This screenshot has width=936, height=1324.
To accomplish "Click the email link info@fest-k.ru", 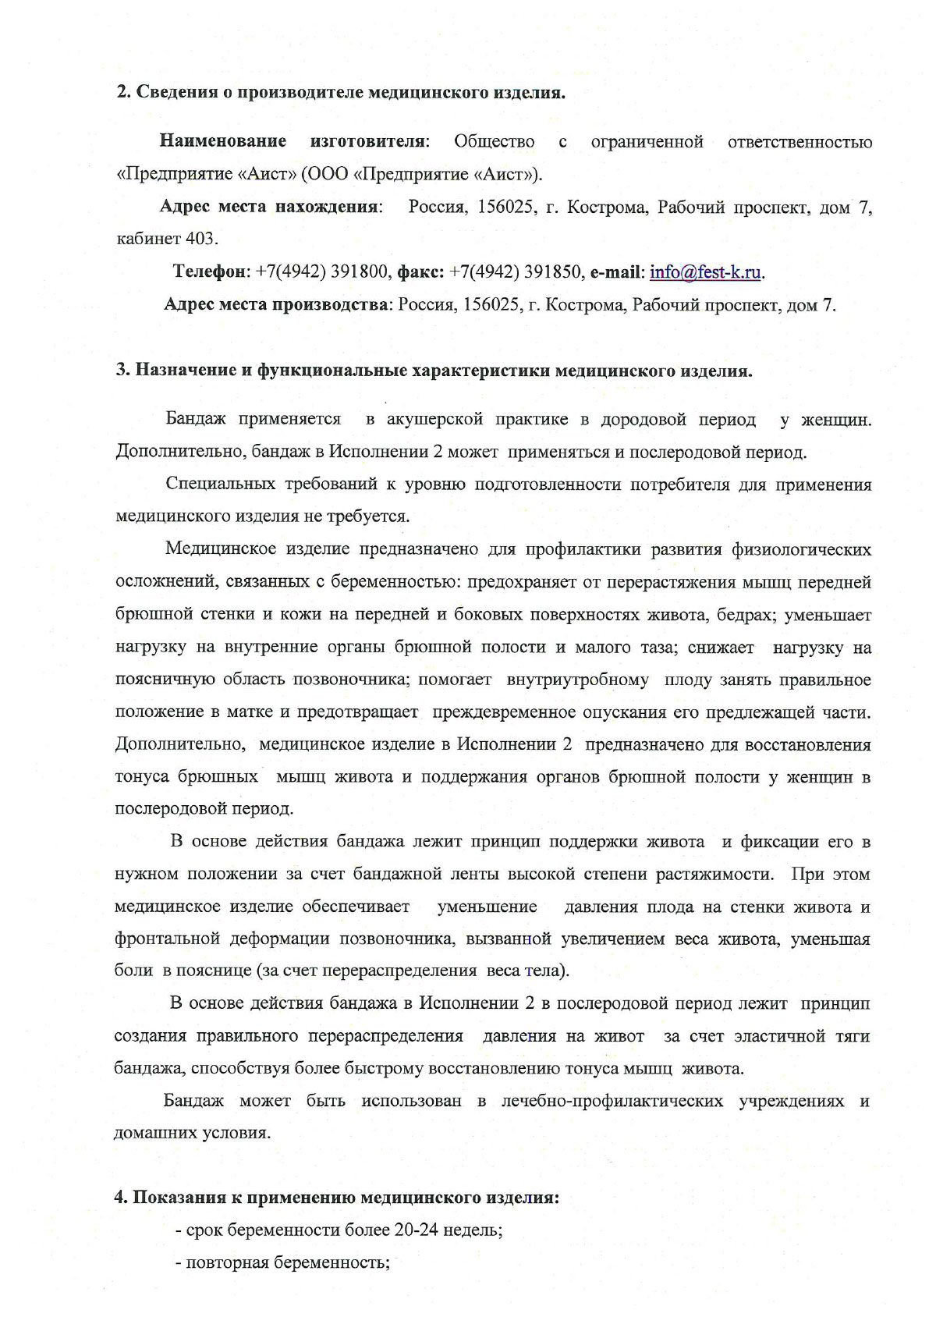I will click(706, 272).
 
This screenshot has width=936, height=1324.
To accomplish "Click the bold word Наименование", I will click(222, 142).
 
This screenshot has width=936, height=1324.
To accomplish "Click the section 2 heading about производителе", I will click(341, 93).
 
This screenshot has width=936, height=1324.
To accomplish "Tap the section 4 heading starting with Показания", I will click(337, 1198).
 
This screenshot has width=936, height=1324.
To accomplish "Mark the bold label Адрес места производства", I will click(276, 305).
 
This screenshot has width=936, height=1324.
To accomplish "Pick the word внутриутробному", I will click(577, 680).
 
